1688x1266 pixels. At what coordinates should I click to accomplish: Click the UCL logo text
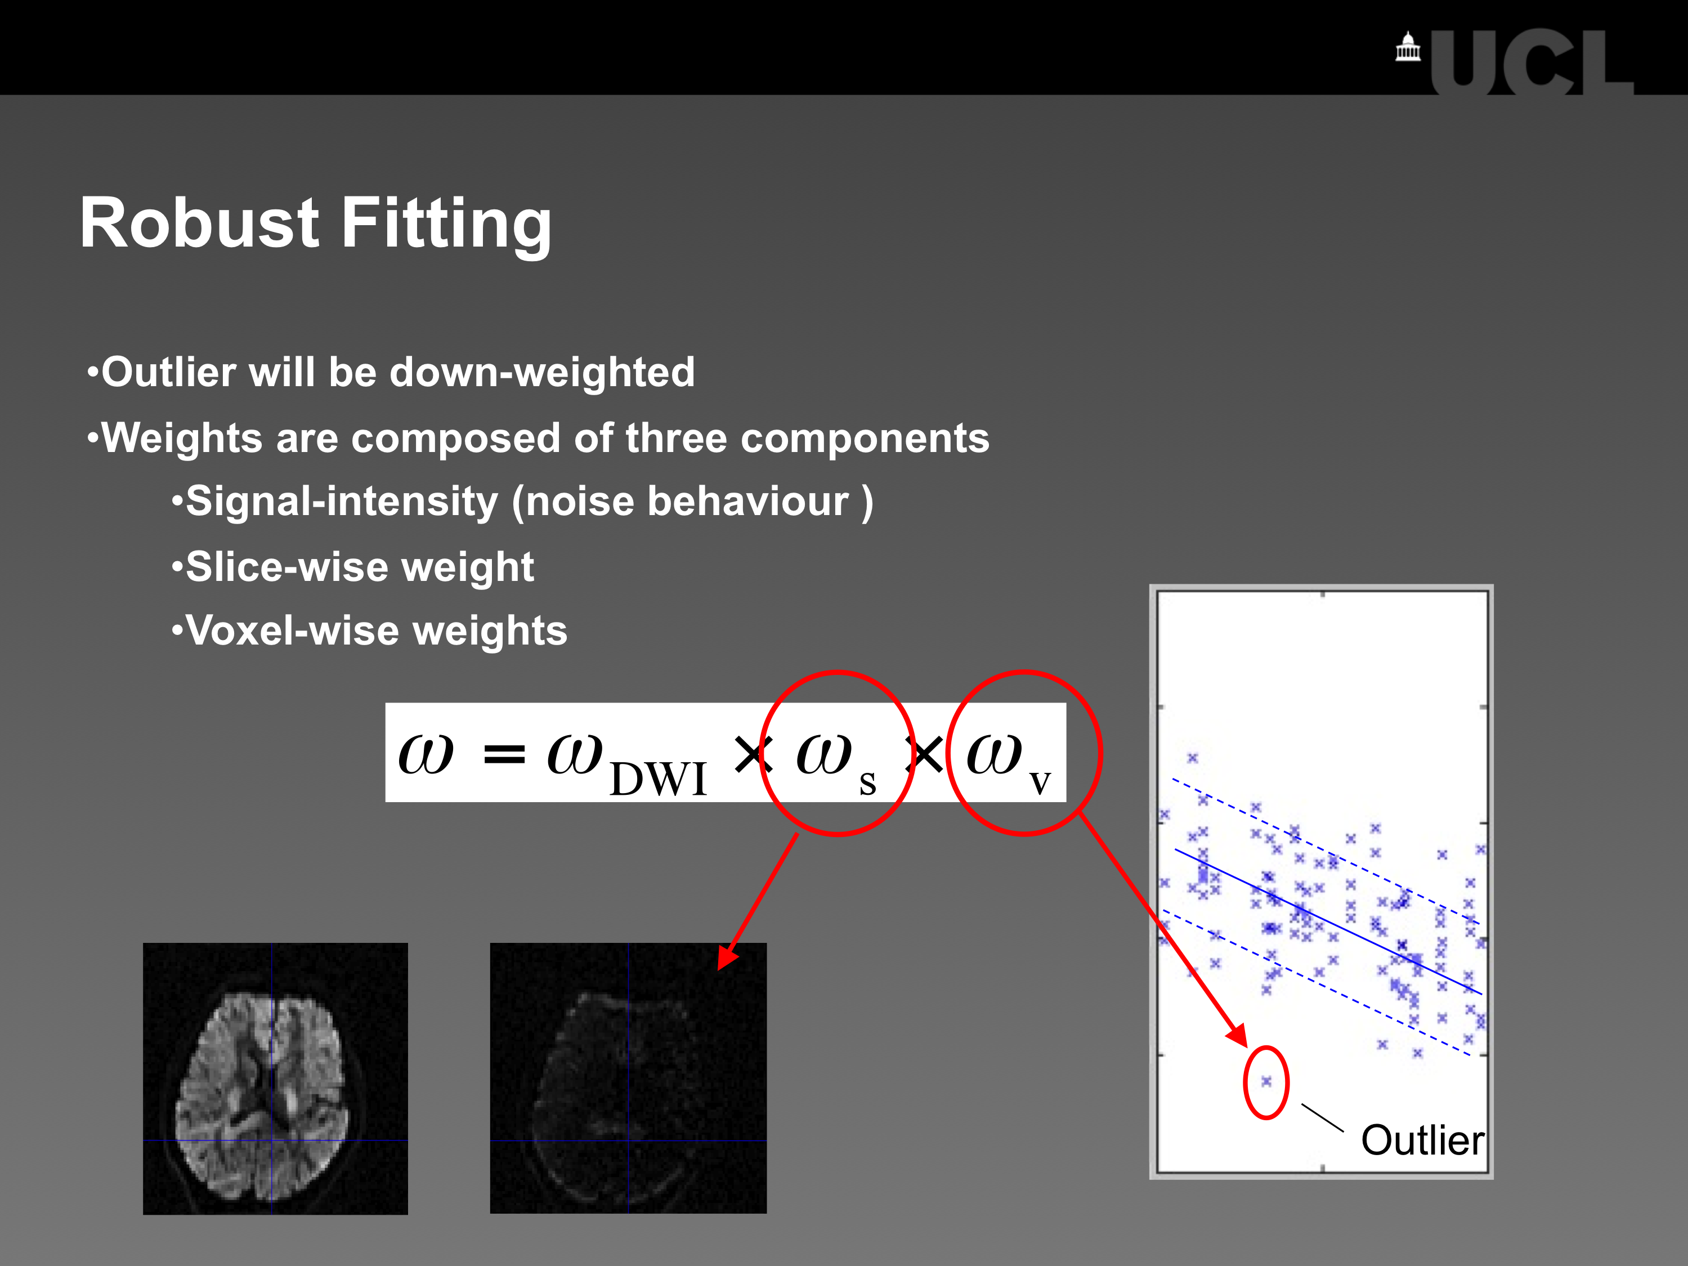1532,62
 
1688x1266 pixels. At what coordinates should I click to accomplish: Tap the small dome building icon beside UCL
1408,47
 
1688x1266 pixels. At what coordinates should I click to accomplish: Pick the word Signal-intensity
342,503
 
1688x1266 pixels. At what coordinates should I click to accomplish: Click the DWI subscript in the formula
659,779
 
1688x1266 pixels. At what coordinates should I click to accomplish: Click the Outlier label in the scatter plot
1422,1141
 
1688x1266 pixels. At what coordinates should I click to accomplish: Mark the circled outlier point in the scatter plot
1266,1081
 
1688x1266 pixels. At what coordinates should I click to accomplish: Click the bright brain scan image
275,1079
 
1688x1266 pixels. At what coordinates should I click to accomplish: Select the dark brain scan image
628,1079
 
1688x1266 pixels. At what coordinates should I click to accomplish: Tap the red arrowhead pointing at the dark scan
727,956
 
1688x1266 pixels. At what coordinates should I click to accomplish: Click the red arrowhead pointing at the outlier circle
1238,1036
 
